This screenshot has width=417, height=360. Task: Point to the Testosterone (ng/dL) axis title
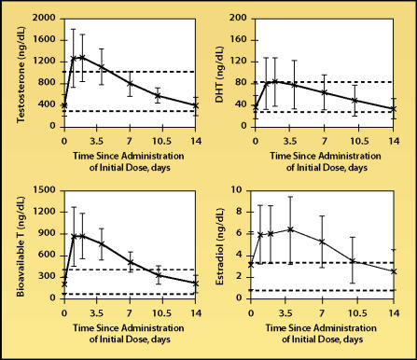[21, 75]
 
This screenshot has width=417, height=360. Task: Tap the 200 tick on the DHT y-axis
[238, 19]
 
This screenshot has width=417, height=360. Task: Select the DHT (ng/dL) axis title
[219, 75]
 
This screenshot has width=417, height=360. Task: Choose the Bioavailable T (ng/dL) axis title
[21, 246]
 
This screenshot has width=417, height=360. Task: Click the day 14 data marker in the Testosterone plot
[195, 105]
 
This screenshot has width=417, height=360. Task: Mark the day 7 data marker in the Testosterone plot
[130, 84]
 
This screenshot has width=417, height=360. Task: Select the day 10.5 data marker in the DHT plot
[354, 101]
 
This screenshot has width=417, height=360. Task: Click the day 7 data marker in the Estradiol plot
[322, 242]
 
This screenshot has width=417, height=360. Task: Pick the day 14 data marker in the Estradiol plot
[394, 271]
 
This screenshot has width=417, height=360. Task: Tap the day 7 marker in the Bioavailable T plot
[130, 262]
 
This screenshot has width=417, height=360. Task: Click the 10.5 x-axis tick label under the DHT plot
[358, 141]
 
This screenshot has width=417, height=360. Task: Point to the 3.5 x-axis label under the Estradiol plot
[285, 312]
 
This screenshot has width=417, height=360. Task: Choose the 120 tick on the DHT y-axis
[238, 62]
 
